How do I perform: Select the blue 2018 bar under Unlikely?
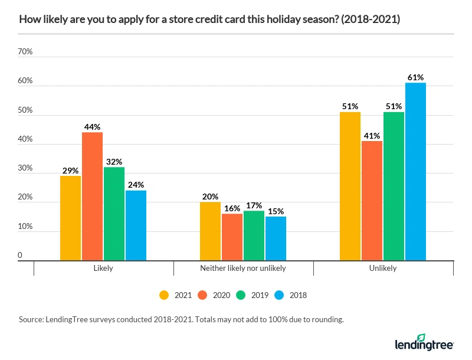[415, 171]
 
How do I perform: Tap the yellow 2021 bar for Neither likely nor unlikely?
[211, 231]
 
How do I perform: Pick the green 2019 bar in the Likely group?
[114, 213]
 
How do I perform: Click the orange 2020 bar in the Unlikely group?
[372, 201]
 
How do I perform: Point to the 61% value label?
[415, 77]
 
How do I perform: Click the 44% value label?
[92, 127]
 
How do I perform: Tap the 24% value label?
[136, 185]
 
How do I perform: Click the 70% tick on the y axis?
[25, 52]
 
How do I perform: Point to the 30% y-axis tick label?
[25, 168]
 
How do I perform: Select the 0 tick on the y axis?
[20, 256]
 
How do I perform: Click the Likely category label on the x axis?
[103, 268]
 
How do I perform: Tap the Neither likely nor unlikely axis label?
[243, 268]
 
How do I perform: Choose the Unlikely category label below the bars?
[383, 268]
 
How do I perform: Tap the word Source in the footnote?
[31, 319]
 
